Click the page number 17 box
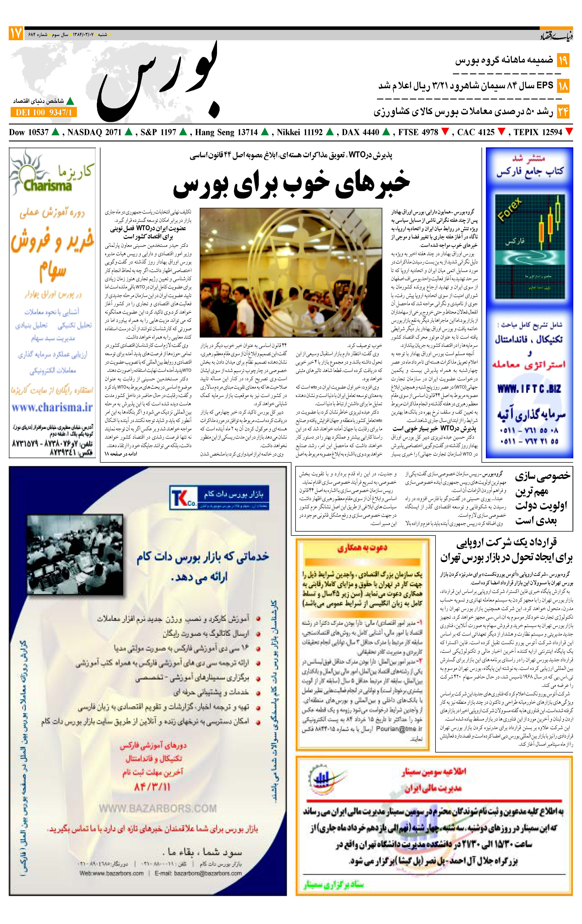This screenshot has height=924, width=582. click(16, 34)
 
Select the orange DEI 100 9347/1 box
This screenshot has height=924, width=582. click(44, 112)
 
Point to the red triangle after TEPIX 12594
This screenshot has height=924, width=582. click(569, 132)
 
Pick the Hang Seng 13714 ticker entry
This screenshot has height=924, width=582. click(226, 132)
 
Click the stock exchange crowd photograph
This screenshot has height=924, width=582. click(291, 273)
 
